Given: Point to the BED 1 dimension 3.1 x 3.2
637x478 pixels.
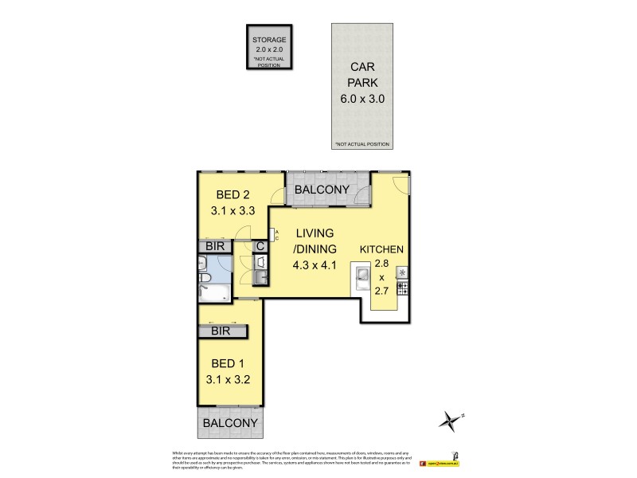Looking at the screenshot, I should pyautogui.click(x=230, y=379).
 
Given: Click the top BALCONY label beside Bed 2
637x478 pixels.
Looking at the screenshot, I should pyautogui.click(x=322, y=189).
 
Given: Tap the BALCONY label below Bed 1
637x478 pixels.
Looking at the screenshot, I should pyautogui.click(x=230, y=423).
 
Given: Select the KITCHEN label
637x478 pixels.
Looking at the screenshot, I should pyautogui.click(x=381, y=249).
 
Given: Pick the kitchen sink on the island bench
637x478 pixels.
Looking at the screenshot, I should pyautogui.click(x=361, y=276).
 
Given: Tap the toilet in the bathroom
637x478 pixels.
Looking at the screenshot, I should pyautogui.click(x=204, y=277).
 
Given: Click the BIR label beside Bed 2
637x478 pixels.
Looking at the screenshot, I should pyautogui.click(x=215, y=248).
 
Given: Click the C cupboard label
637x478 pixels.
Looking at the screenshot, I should pyautogui.click(x=260, y=247).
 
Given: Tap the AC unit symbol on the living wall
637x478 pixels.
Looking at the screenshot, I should pyautogui.click(x=275, y=234).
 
